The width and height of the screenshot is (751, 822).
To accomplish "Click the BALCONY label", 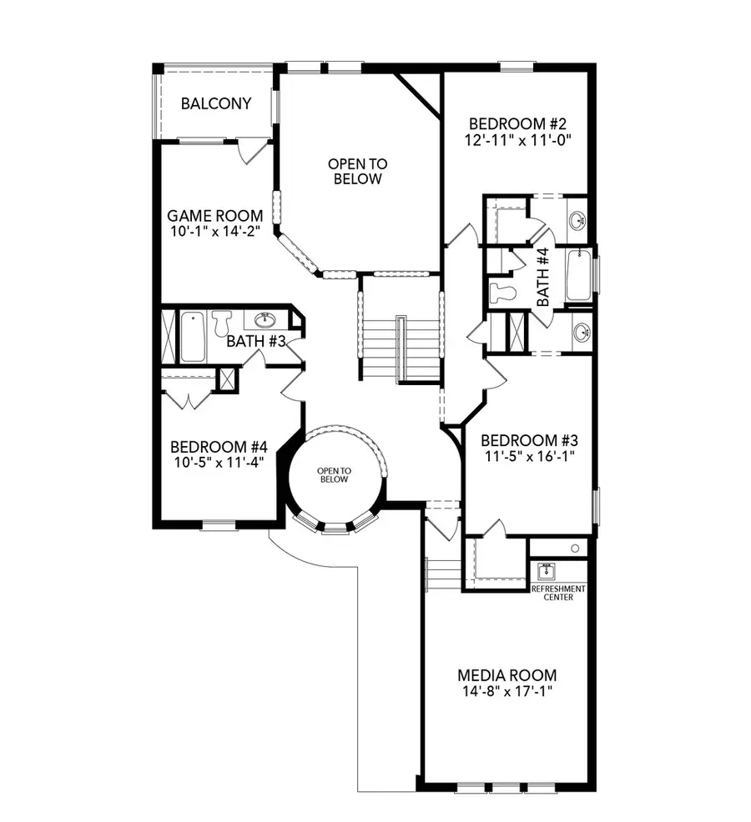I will click(215, 103).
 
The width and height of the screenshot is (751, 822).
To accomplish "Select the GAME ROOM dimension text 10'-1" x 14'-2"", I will click(215, 231).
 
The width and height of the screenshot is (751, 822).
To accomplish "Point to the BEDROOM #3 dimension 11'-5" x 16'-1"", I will click(529, 456).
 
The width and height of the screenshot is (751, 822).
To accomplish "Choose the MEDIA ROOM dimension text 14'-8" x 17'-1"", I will click(506, 691).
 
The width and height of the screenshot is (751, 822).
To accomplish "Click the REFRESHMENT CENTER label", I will click(558, 592).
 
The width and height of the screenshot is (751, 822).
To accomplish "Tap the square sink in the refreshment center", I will click(547, 572).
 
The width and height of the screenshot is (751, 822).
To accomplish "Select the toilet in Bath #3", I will click(221, 323).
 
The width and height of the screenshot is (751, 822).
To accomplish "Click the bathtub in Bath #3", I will click(193, 336).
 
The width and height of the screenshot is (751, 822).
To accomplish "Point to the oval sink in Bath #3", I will click(265, 320).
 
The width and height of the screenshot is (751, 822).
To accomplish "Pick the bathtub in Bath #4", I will click(578, 275).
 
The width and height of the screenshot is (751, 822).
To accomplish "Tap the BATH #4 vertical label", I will click(542, 277).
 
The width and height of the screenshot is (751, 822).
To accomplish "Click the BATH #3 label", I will click(257, 341).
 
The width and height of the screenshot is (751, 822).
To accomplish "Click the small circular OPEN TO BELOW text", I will click(334, 475).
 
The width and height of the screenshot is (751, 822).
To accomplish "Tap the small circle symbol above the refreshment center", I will click(574, 548).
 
